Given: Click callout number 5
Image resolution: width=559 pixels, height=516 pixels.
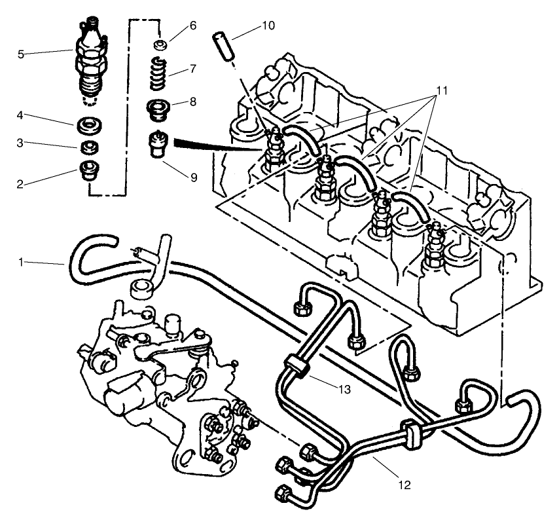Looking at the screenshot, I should click(x=21, y=54).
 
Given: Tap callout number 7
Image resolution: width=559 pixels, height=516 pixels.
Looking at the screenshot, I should click(x=192, y=68).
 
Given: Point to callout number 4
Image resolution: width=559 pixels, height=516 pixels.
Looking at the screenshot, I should click(x=21, y=116).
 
